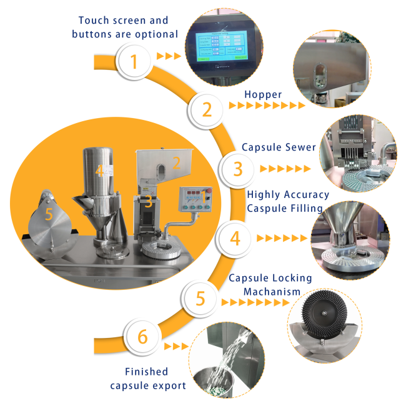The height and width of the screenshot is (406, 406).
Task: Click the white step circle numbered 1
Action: point(134,61)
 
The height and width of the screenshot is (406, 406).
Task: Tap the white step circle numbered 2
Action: point(206,109)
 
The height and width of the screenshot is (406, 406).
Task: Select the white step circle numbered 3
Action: point(237,169)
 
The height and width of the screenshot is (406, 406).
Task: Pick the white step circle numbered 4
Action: point(235,238)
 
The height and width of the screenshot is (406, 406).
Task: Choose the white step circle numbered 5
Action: point(200,298)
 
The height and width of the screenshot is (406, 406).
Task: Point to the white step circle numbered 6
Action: point(142,336)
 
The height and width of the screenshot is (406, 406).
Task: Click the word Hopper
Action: point(263,95)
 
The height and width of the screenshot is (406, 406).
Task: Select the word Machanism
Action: point(272,292)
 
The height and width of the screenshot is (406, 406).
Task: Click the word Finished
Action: point(147,372)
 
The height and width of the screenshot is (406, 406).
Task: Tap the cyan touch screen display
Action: point(221,46)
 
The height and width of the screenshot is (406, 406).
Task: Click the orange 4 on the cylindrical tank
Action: point(99,171)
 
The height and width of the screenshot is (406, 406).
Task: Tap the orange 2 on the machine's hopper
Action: point(176,163)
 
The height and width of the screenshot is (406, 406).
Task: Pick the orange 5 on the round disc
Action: point(49,214)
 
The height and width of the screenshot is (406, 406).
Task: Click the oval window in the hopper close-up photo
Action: point(320,76)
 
